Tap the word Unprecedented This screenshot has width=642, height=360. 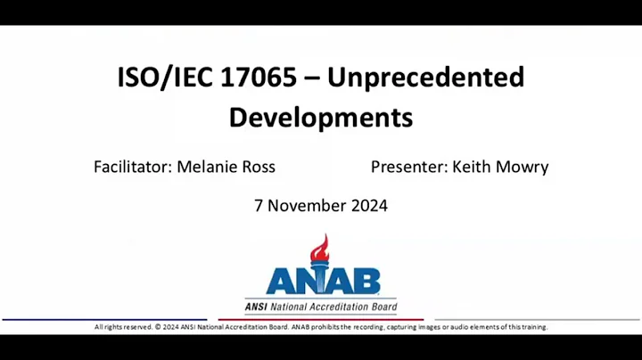(426, 78)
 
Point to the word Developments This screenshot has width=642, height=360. (321, 117)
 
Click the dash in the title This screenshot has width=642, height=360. (310, 78)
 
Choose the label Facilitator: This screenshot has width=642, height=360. (133, 167)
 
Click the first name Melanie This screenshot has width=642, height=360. (208, 167)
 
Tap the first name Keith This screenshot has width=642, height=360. (473, 167)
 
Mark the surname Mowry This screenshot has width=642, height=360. (524, 167)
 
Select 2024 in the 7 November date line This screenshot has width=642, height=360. (369, 206)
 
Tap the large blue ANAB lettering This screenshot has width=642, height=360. (322, 282)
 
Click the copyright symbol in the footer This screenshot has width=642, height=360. (152, 327)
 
